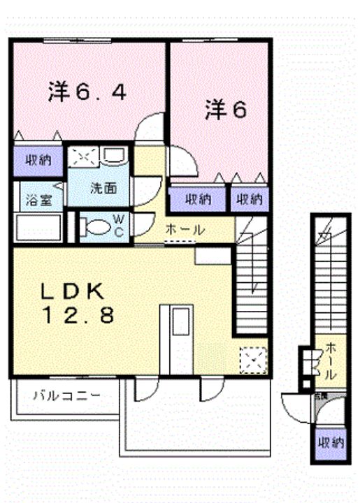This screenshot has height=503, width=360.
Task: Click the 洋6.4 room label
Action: [87, 92]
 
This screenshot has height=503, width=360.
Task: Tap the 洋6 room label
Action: [225, 110]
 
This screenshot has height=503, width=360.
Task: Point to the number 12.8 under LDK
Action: [77, 316]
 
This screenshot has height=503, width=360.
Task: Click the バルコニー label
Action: [66, 395]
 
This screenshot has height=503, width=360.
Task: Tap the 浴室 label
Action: [38, 200]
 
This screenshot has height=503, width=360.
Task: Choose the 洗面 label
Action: [101, 188]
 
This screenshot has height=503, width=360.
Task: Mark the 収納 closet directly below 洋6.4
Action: [38, 161]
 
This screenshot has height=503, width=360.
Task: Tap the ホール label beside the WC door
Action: [185, 229]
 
